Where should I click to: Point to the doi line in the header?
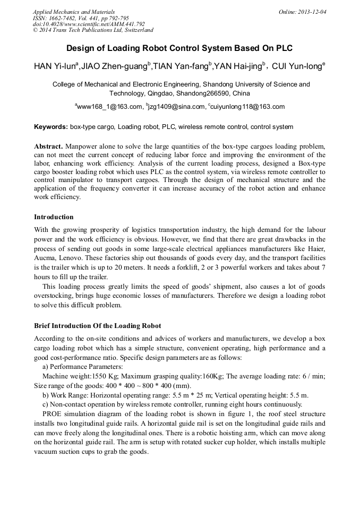pos(89,24)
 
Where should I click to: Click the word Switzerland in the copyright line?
pos(135,30)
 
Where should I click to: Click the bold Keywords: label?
pos(51,127)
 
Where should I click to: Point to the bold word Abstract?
pos(49,146)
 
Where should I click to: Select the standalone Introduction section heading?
pos(54,217)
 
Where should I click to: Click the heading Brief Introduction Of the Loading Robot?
pos(97,325)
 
